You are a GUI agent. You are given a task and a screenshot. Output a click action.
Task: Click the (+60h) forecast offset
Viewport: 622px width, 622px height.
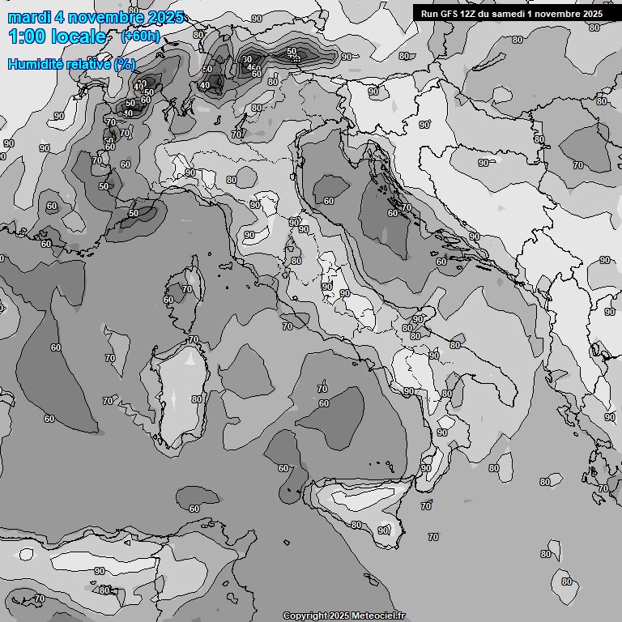coord(139,36)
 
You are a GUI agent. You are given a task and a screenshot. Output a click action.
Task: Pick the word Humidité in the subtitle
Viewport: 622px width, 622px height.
coord(33,64)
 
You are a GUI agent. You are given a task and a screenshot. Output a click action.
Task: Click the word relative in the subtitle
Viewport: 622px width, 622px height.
coord(87,64)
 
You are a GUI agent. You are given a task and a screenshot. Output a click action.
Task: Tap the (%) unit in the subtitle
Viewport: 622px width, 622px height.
coord(125,64)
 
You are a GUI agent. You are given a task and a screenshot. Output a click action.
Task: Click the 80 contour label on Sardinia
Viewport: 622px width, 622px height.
coord(197,399)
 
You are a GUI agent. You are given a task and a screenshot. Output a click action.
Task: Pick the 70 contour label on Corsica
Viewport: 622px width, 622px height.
coord(187,289)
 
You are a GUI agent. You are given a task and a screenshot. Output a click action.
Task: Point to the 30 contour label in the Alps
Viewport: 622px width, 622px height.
coord(247,60)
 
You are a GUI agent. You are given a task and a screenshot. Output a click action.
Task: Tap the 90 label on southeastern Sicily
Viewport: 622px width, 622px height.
coord(382,530)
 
